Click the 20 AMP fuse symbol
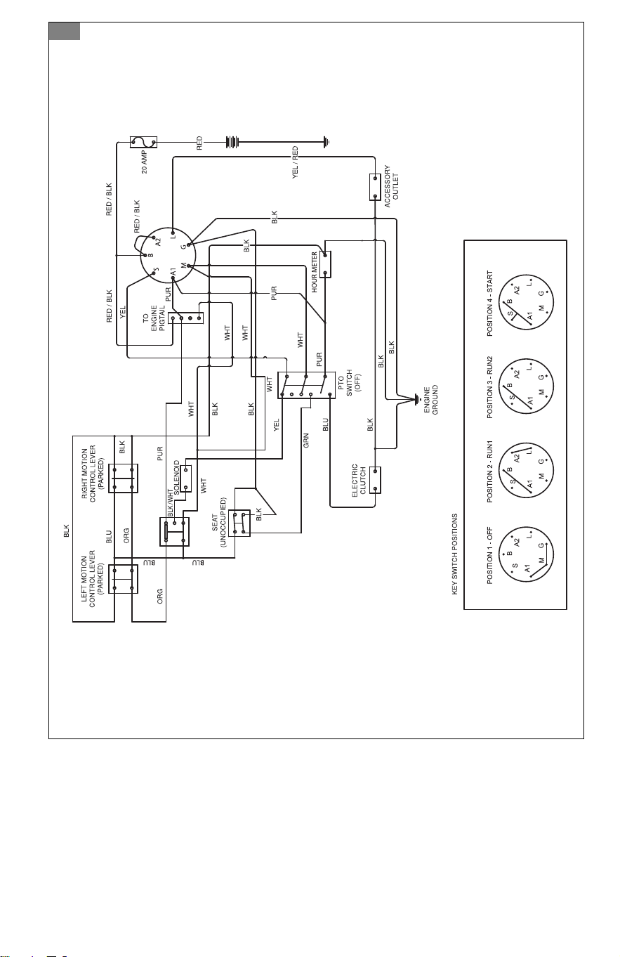click(x=143, y=142)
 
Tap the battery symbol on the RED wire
click(x=232, y=141)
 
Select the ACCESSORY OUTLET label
click(x=391, y=186)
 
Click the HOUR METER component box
click(x=325, y=264)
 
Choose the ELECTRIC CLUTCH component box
click(x=375, y=480)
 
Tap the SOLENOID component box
click(x=186, y=478)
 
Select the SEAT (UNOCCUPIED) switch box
click(x=239, y=523)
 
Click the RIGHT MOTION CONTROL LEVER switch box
click(x=123, y=478)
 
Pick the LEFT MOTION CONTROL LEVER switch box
click(x=123, y=579)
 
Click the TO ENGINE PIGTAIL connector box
click(x=186, y=318)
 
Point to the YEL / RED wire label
click(x=295, y=163)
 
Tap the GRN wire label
click(x=305, y=441)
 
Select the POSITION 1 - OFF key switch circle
click(x=526, y=554)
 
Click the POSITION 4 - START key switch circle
click(x=526, y=302)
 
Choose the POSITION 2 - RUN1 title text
click(x=489, y=471)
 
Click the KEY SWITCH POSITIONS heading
click(x=454, y=554)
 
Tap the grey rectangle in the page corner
click(x=65, y=31)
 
